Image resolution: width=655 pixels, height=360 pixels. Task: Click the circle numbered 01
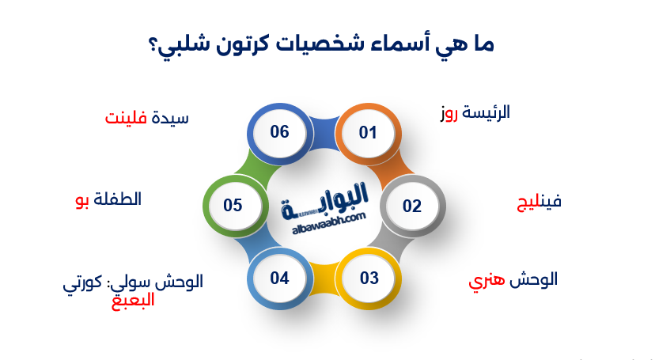[368, 133]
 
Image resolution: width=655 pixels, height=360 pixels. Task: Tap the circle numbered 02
[412, 207]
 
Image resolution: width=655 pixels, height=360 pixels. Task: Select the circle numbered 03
[369, 279]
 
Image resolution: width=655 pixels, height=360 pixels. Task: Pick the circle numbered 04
[279, 279]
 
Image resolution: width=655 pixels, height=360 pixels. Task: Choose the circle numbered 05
[233, 206]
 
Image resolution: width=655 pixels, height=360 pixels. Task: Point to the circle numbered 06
[279, 132]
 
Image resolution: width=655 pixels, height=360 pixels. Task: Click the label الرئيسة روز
[475, 112]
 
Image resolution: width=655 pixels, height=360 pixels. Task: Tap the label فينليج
[539, 202]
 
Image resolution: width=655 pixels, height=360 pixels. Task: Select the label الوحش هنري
[513, 279]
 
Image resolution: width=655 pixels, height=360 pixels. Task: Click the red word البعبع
[131, 301]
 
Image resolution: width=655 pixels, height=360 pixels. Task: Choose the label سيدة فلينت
[147, 118]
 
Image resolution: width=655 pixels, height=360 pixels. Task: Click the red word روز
[450, 113]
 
